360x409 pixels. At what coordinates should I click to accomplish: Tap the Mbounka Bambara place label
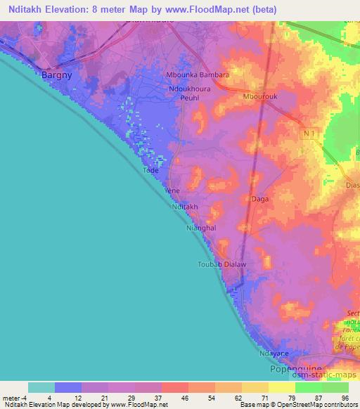(196, 75)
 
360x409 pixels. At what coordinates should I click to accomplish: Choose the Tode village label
(150, 170)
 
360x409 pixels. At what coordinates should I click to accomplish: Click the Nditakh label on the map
(185, 207)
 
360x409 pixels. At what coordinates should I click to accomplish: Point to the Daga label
(259, 200)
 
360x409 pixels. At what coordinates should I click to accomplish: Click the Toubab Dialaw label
(219, 265)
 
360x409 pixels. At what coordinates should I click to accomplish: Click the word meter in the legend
(12, 398)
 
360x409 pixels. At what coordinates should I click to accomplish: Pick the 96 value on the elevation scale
(345, 398)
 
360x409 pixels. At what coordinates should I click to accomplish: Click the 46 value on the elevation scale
(184, 398)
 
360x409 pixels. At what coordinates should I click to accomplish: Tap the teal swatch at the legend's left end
(41, 387)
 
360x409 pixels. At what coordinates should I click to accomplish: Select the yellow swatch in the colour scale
(281, 387)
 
